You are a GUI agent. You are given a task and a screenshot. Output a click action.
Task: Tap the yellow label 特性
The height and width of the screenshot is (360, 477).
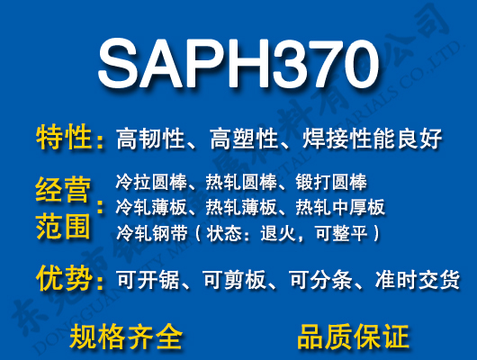[64, 139]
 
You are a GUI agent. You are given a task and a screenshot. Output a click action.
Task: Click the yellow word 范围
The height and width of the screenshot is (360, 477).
[64, 225]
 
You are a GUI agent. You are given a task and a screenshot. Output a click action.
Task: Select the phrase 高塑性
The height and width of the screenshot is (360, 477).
[243, 139]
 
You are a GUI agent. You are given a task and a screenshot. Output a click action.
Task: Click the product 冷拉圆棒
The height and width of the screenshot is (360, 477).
[148, 183]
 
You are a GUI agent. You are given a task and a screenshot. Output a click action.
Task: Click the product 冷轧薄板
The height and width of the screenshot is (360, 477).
[148, 208]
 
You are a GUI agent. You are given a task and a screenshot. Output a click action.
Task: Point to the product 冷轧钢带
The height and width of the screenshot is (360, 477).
[148, 234]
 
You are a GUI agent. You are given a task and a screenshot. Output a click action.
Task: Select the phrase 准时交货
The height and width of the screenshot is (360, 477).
[419, 280]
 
